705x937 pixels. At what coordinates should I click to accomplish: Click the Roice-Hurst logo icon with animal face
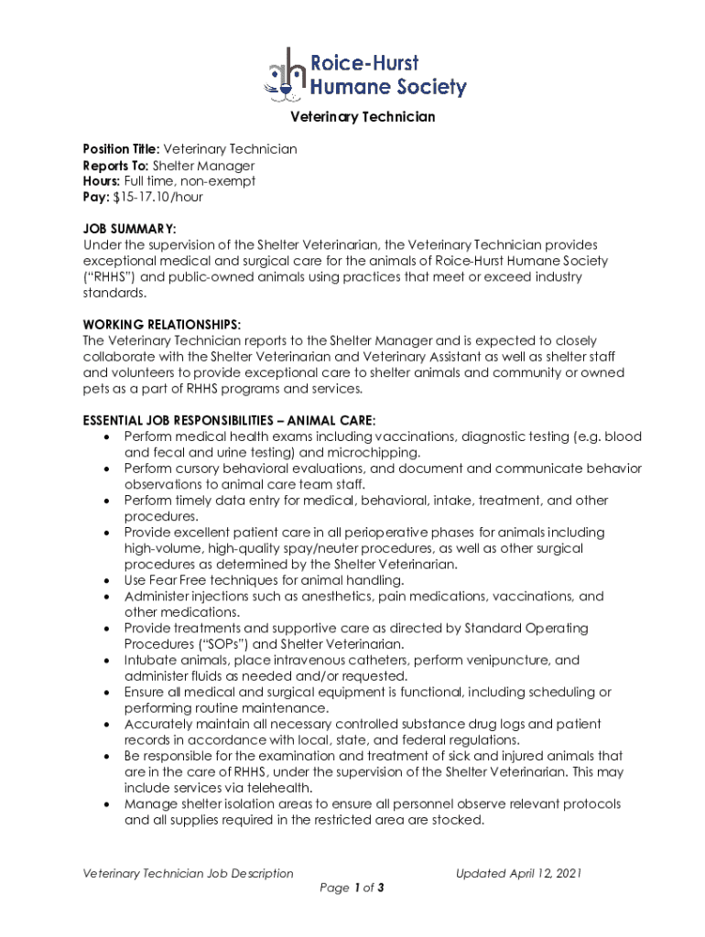pyautogui.click(x=285, y=73)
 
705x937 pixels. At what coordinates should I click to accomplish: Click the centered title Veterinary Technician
pyautogui.click(x=363, y=117)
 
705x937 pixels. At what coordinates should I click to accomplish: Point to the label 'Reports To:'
pyautogui.click(x=115, y=166)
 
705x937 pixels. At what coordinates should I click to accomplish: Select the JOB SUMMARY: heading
pyautogui.click(x=129, y=229)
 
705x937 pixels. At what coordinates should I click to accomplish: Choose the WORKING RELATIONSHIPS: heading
pyautogui.click(x=162, y=325)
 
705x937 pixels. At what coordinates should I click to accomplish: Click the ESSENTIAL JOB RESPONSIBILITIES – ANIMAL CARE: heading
pyautogui.click(x=229, y=420)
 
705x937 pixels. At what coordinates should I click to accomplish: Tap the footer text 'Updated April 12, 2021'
pyautogui.click(x=518, y=874)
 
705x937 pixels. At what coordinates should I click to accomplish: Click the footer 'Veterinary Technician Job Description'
pyautogui.click(x=189, y=874)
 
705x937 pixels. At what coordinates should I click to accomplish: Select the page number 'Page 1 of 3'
pyautogui.click(x=352, y=888)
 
